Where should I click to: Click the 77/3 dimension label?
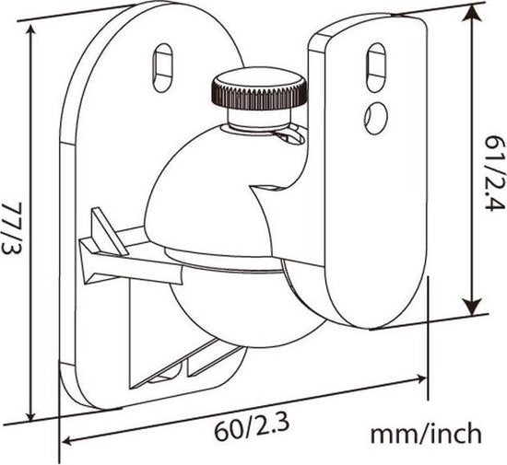pos(11,228)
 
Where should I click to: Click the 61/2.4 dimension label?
pos(494,173)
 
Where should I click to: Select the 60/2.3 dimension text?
pos(252,429)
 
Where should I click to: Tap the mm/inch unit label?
pos(426,434)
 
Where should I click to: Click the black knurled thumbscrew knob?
pos(259,88)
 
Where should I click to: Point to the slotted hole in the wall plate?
pos(162,68)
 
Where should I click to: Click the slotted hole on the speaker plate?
pos(376,68)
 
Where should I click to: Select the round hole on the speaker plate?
pos(376,117)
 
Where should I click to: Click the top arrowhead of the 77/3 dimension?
pos(30,31)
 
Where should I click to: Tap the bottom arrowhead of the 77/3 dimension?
pos(31,414)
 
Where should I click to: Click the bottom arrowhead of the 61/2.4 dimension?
pos(472,307)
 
